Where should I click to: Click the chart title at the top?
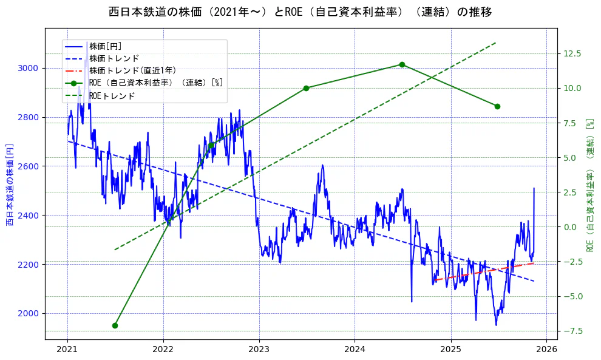pyautogui.click(x=300, y=12)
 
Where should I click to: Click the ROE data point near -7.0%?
pyautogui.click(x=115, y=325)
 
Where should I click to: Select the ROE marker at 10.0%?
pyautogui.click(x=306, y=88)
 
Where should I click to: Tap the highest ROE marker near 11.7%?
pyautogui.click(x=402, y=64)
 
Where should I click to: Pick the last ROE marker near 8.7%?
pyautogui.click(x=497, y=106)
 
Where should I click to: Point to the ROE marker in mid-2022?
pyautogui.click(x=211, y=145)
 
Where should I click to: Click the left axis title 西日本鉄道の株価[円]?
pyautogui.click(x=10, y=185)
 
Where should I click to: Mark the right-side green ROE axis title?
pyautogui.click(x=589, y=185)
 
